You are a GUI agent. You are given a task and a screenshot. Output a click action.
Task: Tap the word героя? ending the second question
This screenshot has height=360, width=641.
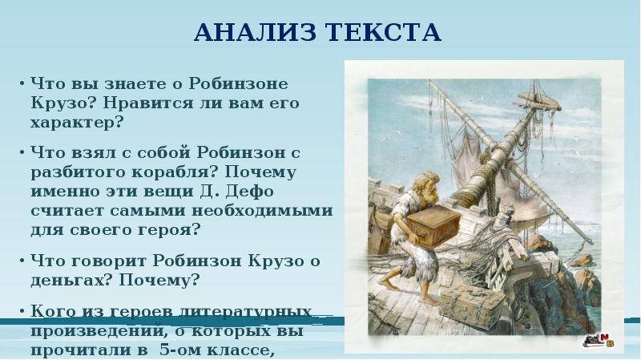click(169, 229)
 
